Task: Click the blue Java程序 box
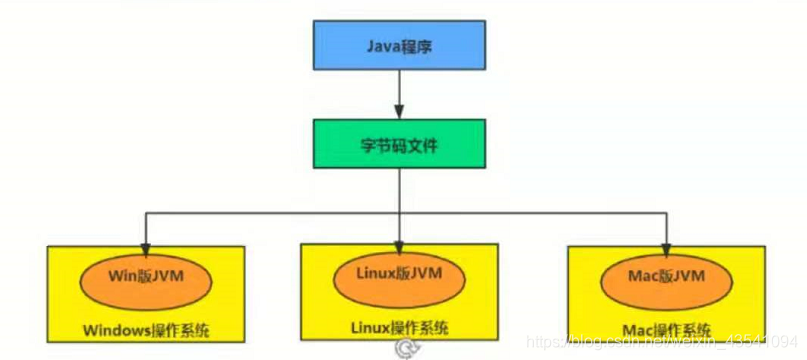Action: (x=399, y=47)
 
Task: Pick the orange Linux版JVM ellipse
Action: (x=400, y=274)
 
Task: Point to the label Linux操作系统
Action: (x=400, y=328)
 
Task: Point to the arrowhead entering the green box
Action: (x=399, y=113)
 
